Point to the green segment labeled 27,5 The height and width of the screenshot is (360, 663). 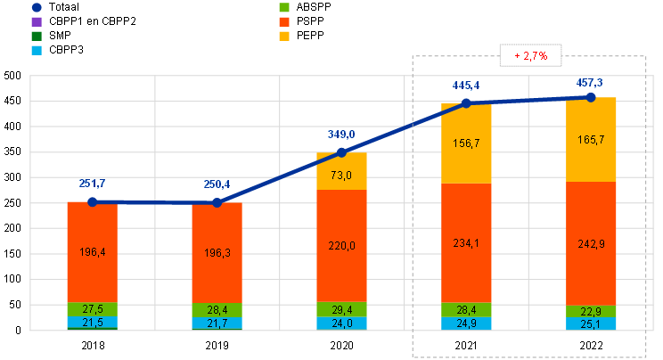pos(93,309)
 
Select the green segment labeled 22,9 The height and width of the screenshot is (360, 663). pos(592,311)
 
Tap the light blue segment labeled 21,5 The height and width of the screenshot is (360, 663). pos(93,323)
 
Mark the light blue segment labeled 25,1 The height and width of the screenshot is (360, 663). pos(592,323)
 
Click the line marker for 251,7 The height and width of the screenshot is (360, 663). pos(93,202)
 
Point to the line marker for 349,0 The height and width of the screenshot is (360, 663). pos(342,152)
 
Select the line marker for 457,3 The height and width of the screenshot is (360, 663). pos(592,96)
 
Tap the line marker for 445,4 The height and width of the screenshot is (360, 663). pos(467,103)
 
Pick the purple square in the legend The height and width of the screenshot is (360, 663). pos(37,21)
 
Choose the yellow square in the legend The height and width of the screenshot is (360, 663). pos(283,37)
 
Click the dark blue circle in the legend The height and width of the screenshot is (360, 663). pos(37,7)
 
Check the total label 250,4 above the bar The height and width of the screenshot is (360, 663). pos(217,184)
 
